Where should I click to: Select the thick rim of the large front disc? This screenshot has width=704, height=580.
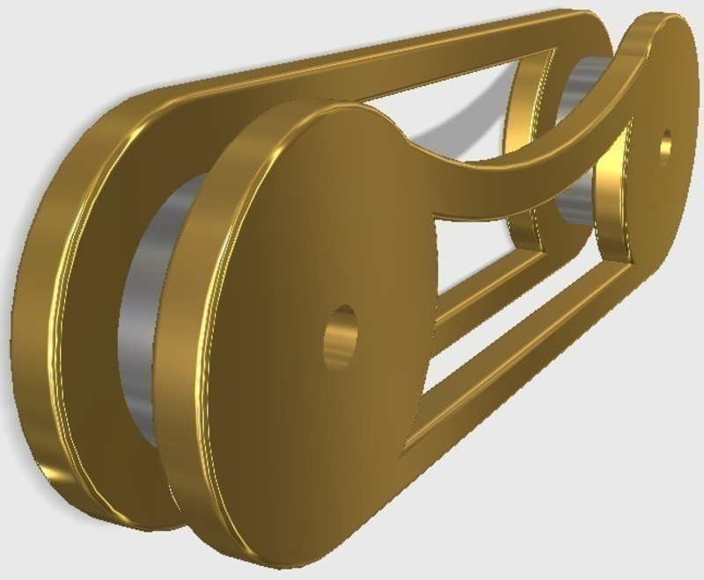click(189, 352)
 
